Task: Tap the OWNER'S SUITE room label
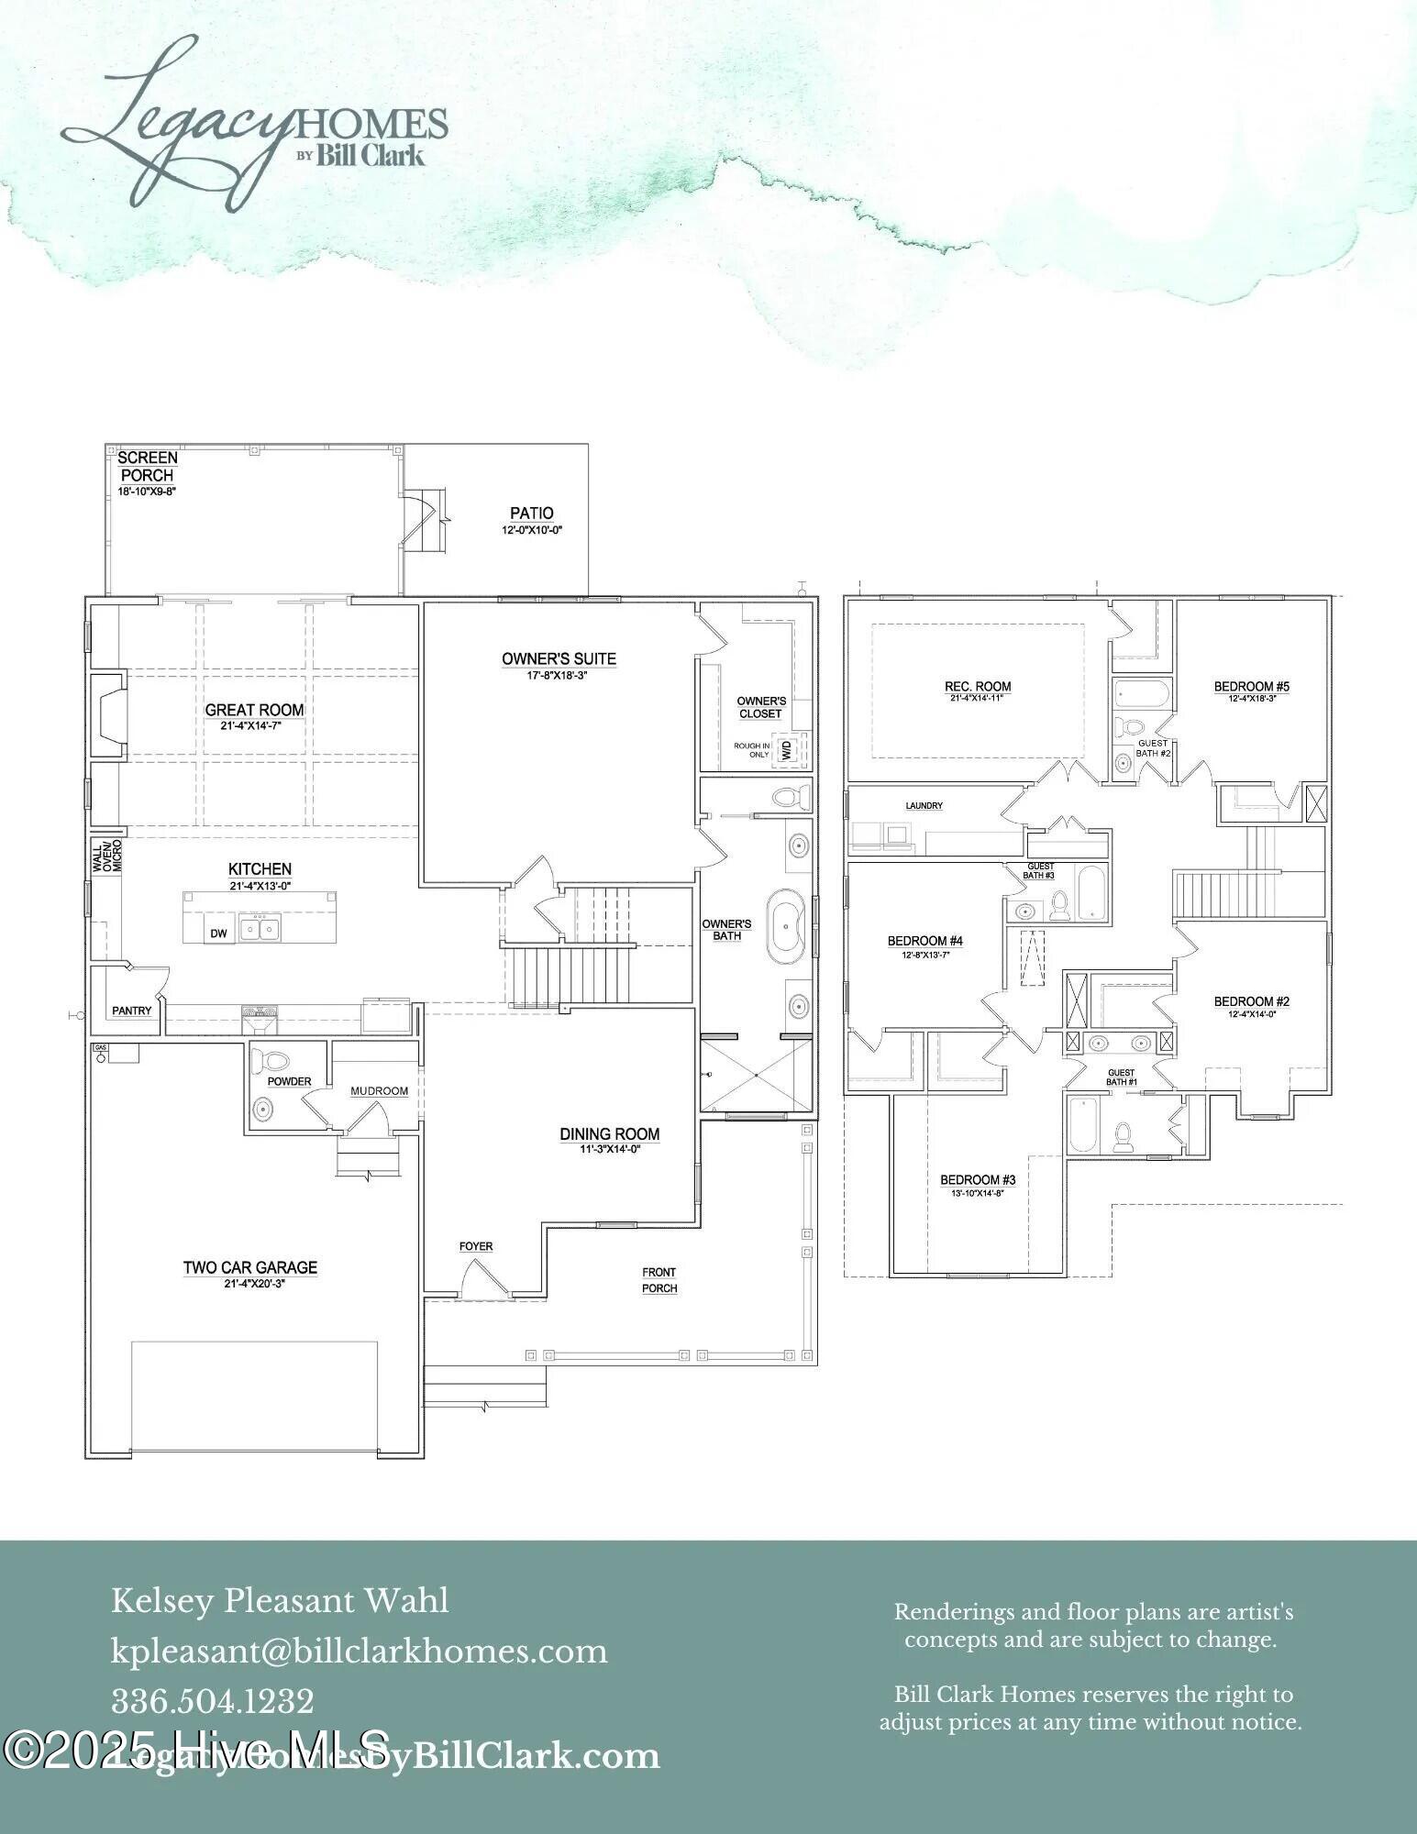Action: tap(559, 658)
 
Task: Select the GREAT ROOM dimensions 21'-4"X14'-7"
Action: tap(255, 725)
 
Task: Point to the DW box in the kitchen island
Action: tap(218, 934)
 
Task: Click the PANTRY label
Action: tap(132, 1011)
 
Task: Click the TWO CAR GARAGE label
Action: tap(249, 1267)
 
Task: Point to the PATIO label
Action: tap(532, 514)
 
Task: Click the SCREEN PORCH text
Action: tap(147, 466)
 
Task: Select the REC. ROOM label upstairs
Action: tap(978, 686)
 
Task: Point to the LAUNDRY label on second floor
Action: tap(924, 805)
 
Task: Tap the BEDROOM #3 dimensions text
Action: tap(978, 1193)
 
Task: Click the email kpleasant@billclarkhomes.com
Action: tap(359, 1652)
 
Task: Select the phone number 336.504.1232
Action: tap(213, 1701)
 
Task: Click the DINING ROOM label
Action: tap(610, 1134)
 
